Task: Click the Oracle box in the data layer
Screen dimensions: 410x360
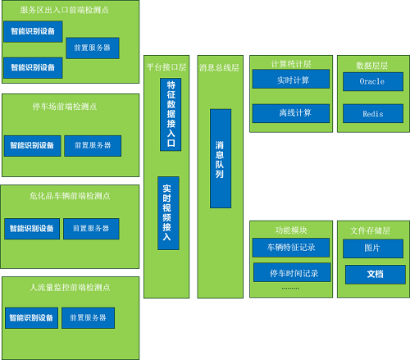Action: click(373, 81)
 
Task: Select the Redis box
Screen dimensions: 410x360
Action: click(373, 113)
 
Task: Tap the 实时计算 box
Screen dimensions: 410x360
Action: click(291, 79)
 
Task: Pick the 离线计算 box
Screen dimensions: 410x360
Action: click(291, 113)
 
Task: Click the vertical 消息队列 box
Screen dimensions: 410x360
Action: click(221, 158)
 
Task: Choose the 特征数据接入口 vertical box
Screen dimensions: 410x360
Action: click(171, 115)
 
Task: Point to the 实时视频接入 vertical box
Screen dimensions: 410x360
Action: click(168, 213)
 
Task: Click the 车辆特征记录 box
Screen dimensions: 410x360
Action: click(291, 248)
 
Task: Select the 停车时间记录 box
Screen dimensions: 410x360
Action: click(292, 272)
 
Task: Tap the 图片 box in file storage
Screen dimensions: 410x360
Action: click(373, 248)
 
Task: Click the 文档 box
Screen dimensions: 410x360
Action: click(376, 275)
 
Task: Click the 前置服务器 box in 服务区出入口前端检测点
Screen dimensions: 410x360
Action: click(93, 48)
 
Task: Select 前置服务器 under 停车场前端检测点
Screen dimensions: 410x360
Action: click(93, 146)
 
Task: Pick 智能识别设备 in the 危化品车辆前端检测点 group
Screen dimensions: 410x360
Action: click(32, 229)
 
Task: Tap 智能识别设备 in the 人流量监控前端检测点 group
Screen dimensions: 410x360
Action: click(31, 318)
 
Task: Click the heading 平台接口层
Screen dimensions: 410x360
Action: click(166, 67)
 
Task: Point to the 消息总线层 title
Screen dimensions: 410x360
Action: click(219, 67)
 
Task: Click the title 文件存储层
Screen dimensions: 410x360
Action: click(370, 230)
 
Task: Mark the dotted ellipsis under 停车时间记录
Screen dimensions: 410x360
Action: click(290, 288)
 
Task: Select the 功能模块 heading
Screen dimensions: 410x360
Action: click(291, 230)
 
